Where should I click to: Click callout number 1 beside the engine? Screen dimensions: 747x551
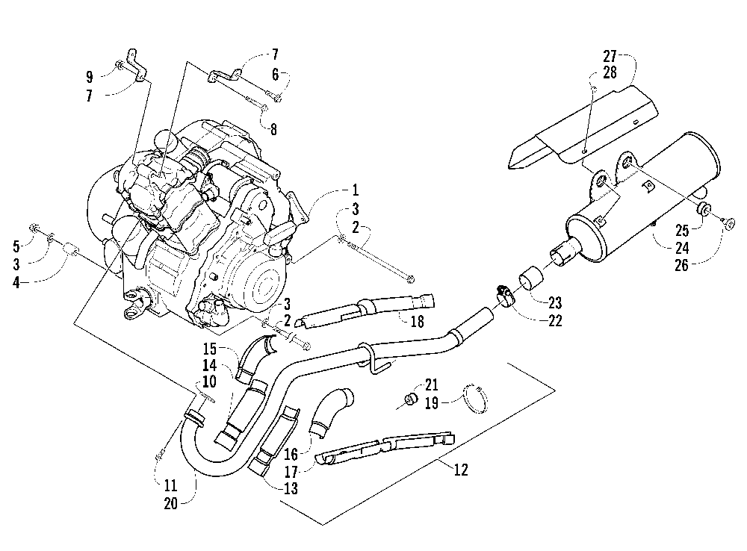355,190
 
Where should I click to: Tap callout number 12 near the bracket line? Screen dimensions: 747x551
461,470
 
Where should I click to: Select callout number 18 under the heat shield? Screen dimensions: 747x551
418,322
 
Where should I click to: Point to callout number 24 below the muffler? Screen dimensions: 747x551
682,248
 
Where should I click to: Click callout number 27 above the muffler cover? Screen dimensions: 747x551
610,57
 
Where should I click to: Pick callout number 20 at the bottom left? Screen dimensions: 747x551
170,503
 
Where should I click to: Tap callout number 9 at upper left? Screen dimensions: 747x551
89,77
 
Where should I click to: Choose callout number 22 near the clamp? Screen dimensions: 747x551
555,320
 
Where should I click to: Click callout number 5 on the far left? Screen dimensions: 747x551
16,246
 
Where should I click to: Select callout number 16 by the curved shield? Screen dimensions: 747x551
291,454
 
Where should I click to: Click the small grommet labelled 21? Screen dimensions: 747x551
410,399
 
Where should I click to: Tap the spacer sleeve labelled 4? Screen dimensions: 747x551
70,247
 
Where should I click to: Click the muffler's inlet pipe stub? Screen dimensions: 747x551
565,252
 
